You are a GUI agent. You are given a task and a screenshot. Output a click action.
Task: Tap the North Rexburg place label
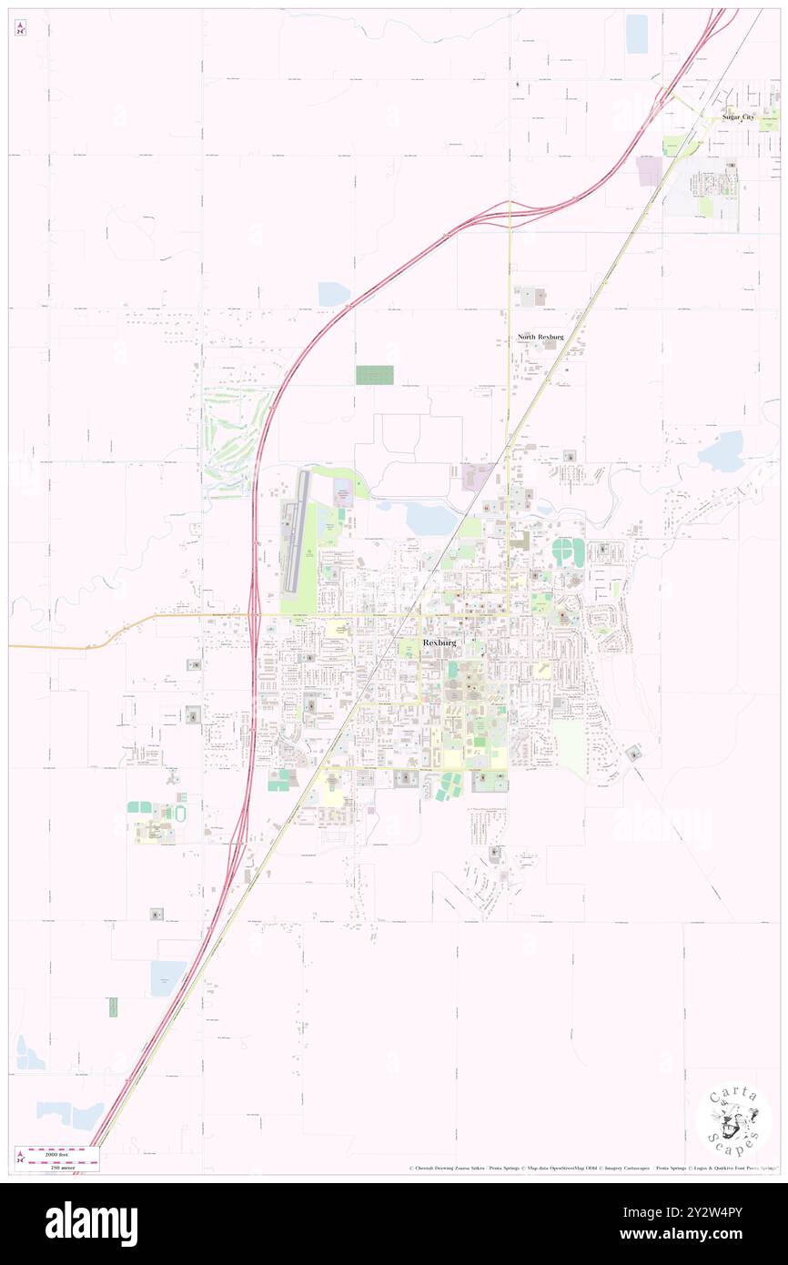540,337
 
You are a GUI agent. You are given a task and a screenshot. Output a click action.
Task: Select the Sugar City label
738,116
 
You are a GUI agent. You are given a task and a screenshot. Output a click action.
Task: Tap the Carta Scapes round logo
733,1121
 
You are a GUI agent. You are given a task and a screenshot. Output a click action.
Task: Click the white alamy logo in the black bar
91,1223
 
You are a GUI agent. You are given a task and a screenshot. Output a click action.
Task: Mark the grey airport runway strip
294,531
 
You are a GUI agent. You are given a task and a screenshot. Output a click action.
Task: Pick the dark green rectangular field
374,375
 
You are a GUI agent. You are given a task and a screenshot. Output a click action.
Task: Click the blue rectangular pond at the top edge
636,34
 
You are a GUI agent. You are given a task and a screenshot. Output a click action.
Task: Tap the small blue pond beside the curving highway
333,294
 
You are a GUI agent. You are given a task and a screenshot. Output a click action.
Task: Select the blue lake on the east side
723,452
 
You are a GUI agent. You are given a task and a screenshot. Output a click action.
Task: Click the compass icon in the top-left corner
20,28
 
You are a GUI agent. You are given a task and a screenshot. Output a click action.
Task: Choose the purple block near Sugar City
650,171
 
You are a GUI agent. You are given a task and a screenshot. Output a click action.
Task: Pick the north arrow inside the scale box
21,1157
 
